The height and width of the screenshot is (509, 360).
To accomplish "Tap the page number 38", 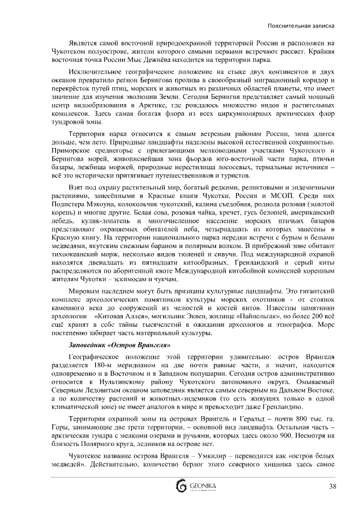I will tap(332, 487).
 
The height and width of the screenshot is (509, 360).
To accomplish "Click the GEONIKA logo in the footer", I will tap(192, 487).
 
